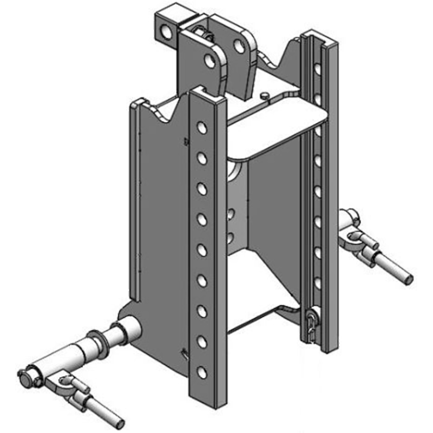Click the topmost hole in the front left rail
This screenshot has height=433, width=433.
(201, 127)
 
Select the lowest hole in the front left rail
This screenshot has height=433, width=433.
(202, 372)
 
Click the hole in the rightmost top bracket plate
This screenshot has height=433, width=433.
(238, 46)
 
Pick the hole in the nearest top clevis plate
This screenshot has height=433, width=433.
(209, 60)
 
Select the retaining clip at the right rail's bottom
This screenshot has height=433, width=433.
(310, 325)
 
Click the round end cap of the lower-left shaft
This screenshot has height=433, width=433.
(24, 375)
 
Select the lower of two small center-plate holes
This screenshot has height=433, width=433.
(231, 237)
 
